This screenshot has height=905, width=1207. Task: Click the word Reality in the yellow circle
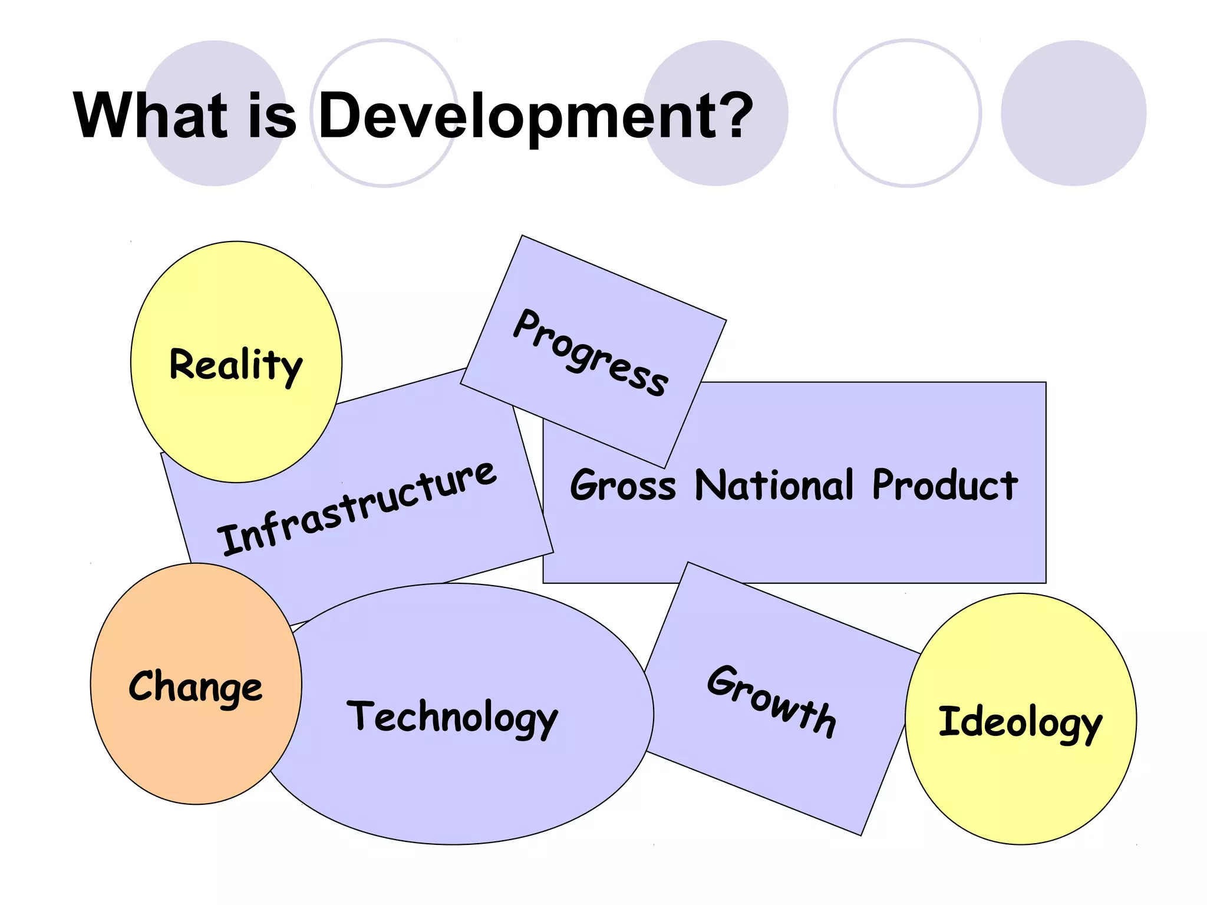[236, 365]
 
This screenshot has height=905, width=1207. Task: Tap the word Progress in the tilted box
[591, 352]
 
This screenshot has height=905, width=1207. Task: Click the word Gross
[623, 485]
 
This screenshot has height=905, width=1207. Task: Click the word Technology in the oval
[452, 717]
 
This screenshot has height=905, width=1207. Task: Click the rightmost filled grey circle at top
[1073, 113]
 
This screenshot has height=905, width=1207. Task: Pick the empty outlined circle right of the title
[907, 113]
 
